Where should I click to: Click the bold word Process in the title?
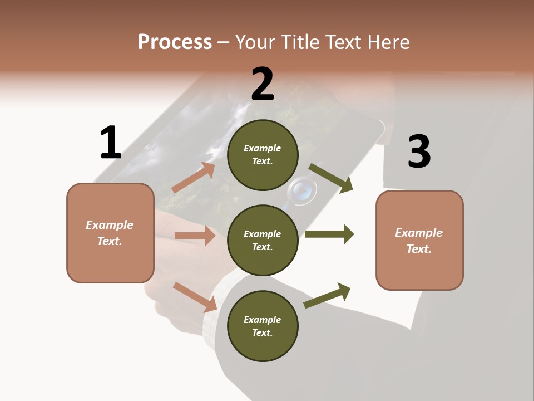[x=175, y=42]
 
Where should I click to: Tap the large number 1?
[x=111, y=143]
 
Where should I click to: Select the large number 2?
[x=263, y=84]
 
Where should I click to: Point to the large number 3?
[x=419, y=152]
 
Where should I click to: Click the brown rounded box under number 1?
[x=110, y=233]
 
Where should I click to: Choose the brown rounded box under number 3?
[x=419, y=240]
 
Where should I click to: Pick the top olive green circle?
[x=263, y=155]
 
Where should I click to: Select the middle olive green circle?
[x=263, y=240]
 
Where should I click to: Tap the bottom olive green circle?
[x=263, y=326]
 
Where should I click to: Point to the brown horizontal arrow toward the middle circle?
[x=195, y=236]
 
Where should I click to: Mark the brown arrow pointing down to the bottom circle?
[x=195, y=297]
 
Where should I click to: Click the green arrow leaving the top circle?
[x=331, y=178]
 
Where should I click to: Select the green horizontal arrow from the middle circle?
[x=329, y=234]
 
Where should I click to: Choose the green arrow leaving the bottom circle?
[x=328, y=296]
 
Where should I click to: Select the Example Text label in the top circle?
[x=263, y=155]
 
